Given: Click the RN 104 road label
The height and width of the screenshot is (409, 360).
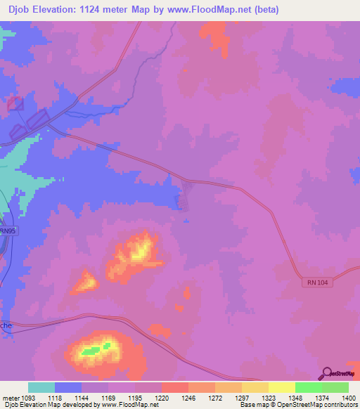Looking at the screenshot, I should [318, 282].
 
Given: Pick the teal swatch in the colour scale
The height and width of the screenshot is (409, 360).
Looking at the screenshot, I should [41, 387].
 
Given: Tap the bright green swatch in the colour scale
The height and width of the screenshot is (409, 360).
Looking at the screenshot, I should [308, 387].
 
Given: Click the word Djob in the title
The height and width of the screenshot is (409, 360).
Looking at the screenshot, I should [22, 10].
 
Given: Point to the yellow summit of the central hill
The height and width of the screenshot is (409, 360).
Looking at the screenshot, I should [142, 249].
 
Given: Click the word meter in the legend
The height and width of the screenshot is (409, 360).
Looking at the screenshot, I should [10, 398].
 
